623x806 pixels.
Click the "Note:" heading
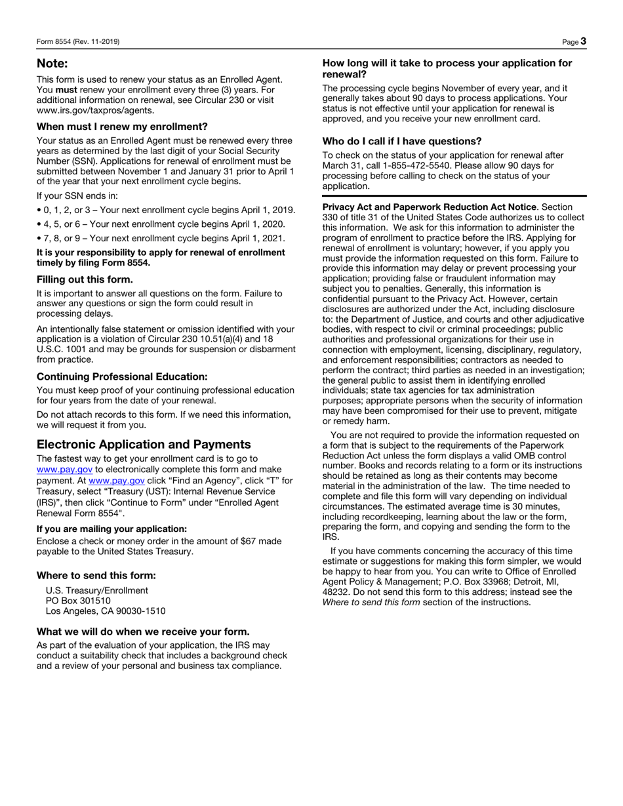52,64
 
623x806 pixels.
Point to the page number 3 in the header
583,41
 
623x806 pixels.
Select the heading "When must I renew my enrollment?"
122,127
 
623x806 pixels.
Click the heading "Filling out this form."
85,279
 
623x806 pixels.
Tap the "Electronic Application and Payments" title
144,444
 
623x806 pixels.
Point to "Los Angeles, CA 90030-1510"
106,611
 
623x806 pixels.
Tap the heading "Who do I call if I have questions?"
402,141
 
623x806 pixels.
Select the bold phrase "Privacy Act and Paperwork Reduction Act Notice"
430,207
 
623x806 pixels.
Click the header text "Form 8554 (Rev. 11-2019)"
78,42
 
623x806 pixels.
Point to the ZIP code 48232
335,592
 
